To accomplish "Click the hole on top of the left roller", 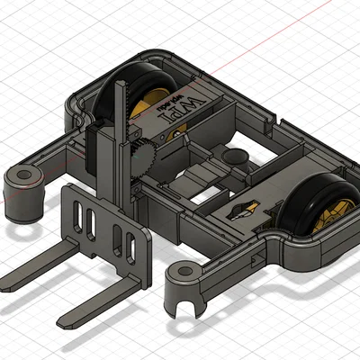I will [24, 174].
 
